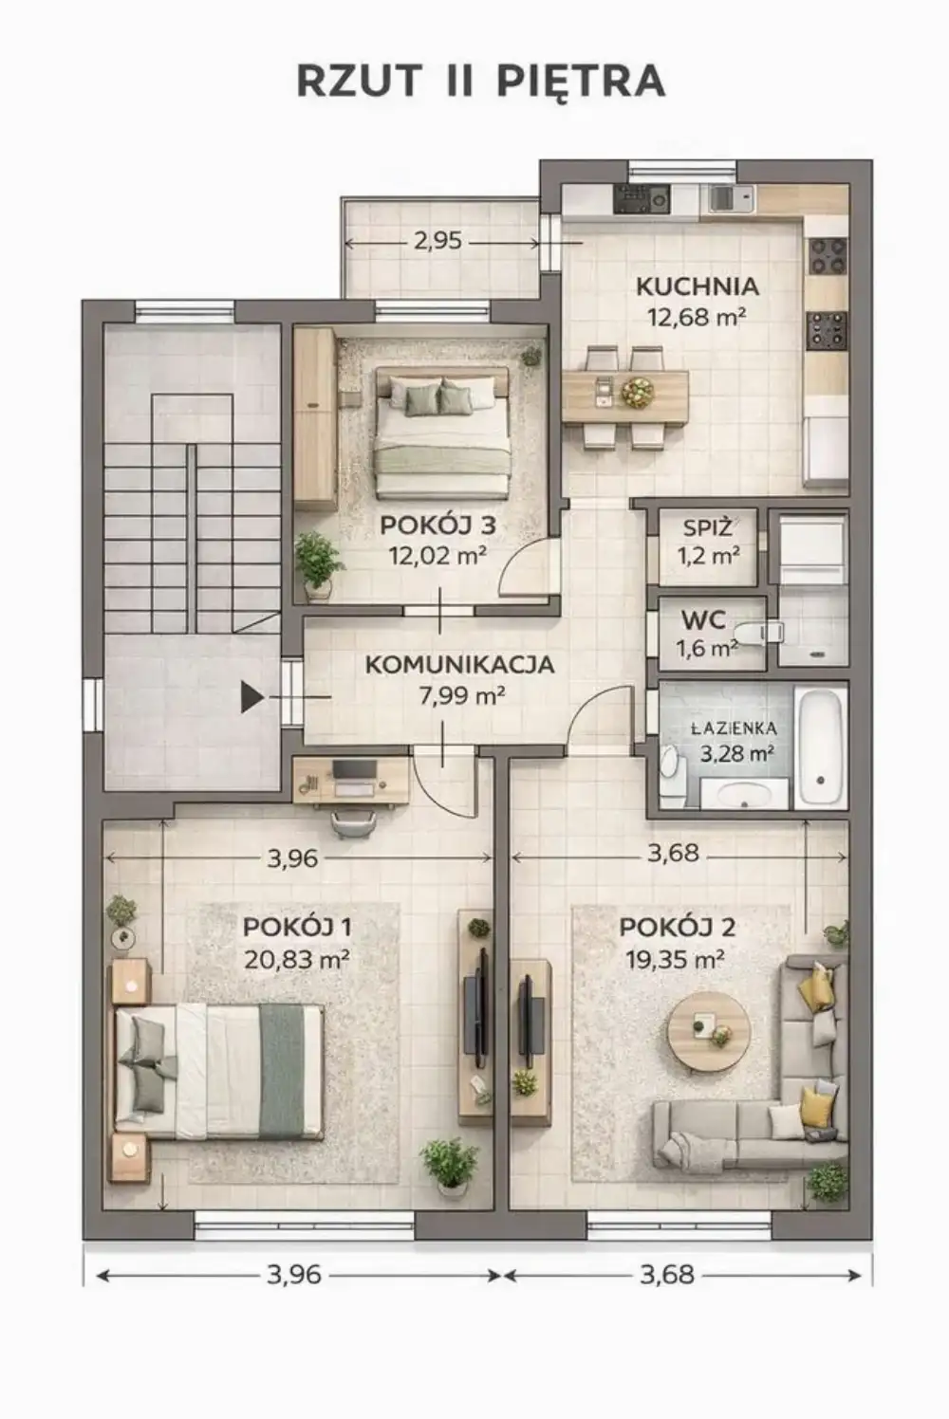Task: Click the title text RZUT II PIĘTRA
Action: (481, 82)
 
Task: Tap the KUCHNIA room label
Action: (698, 287)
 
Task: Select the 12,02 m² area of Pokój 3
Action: (437, 556)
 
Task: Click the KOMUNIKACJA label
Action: (460, 665)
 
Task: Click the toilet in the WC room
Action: (758, 633)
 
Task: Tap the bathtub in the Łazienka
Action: (821, 747)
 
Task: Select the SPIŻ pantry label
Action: (707, 527)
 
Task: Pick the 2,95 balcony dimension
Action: (437, 241)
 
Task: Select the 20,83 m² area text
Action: (297, 960)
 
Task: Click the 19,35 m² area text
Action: (675, 960)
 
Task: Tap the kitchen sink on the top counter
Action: (731, 199)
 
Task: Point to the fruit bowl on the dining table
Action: (637, 393)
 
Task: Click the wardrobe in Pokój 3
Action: (315, 418)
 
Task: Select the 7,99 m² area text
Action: (461, 696)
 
